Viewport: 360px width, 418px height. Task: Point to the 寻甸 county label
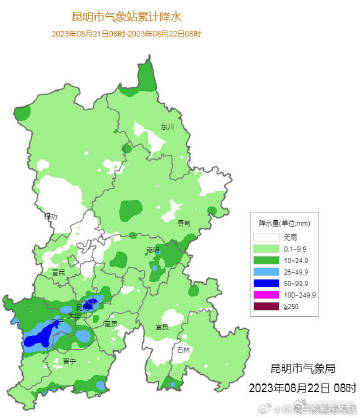(x=183, y=224)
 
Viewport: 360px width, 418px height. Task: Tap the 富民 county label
(x=57, y=272)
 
